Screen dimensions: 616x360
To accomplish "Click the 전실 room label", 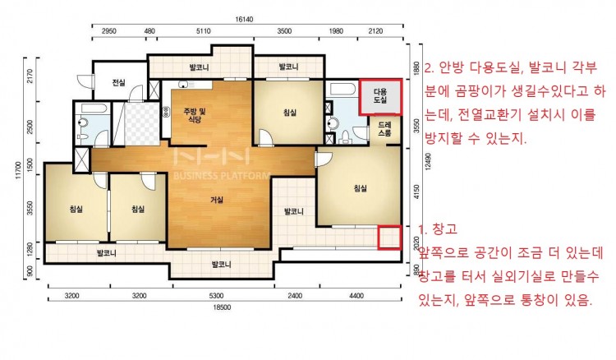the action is pyautogui.click(x=118, y=82).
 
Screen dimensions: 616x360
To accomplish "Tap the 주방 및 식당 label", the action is pyautogui.click(x=195, y=115).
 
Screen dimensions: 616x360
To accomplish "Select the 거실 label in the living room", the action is pyautogui.click(x=217, y=200).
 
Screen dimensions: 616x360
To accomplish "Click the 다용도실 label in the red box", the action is pyautogui.click(x=380, y=96).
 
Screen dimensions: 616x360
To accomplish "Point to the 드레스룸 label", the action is pyautogui.click(x=384, y=128).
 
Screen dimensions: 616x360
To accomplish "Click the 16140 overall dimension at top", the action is pyautogui.click(x=244, y=19).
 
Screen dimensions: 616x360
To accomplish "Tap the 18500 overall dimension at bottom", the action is pyautogui.click(x=222, y=307).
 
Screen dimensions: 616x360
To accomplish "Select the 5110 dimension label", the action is pyautogui.click(x=203, y=31).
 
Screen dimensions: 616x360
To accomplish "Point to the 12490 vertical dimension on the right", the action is pyautogui.click(x=428, y=161).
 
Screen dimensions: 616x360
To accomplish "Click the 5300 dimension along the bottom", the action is pyautogui.click(x=216, y=296).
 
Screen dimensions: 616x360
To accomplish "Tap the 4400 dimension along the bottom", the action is pyautogui.click(x=356, y=296).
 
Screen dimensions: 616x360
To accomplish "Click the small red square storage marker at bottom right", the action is pyautogui.click(x=389, y=238).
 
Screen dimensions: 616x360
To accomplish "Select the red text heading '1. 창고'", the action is pyautogui.click(x=438, y=229).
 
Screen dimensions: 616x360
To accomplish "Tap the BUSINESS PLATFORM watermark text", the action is pyautogui.click(x=222, y=175).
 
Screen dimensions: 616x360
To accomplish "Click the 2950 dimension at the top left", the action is pyautogui.click(x=108, y=31).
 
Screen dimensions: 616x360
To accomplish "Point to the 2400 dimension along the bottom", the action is pyautogui.click(x=295, y=296).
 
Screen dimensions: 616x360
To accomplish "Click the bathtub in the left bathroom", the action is pyautogui.click(x=93, y=108).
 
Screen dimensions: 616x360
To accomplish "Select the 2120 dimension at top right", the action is pyautogui.click(x=375, y=31).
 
